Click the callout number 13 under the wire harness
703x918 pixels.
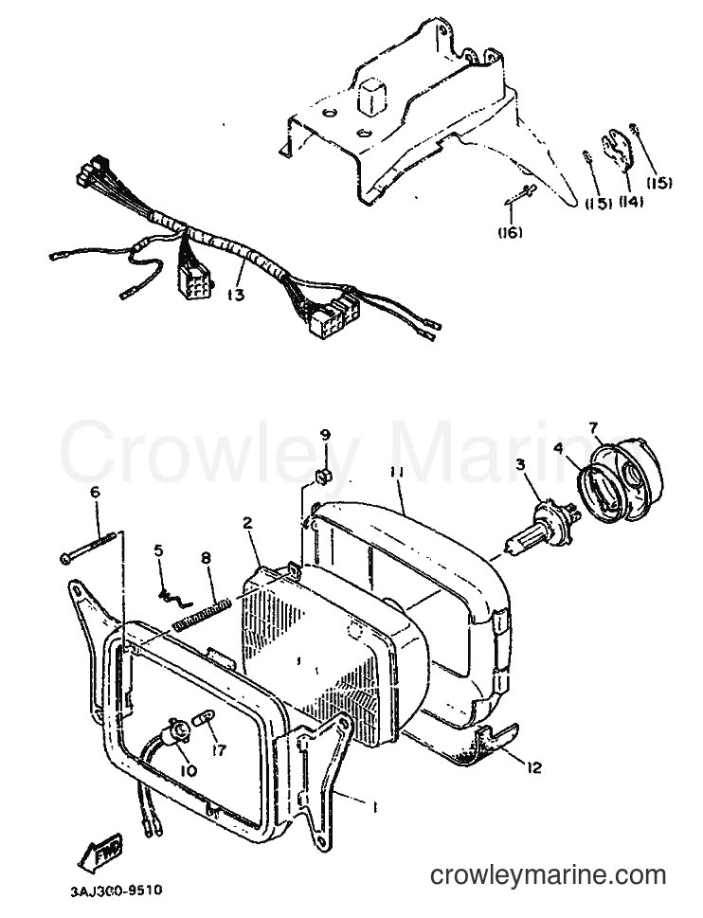click(236, 295)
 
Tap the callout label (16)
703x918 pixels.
click(511, 232)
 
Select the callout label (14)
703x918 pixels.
click(631, 202)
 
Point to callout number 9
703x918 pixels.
click(325, 435)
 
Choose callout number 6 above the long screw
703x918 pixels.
click(95, 493)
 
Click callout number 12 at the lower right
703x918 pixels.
click(534, 766)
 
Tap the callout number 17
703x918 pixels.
click(218, 749)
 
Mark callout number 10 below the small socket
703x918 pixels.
click(189, 771)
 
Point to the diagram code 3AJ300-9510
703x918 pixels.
click(116, 892)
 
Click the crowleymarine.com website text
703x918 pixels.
click(549, 875)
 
